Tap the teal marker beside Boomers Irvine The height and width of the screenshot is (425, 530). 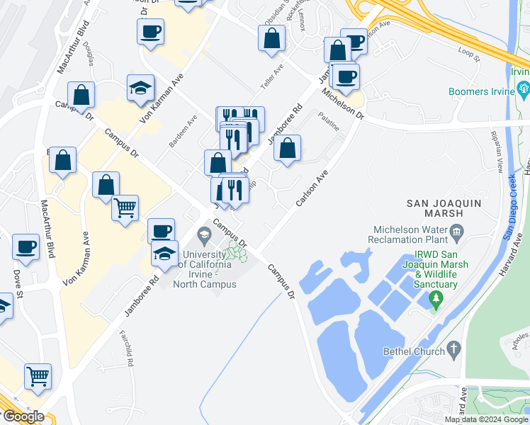click(524, 89)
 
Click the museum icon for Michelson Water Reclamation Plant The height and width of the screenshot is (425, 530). click(456, 230)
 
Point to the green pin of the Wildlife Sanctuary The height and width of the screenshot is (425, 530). click(436, 302)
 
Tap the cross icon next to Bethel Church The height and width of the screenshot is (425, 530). click(453, 349)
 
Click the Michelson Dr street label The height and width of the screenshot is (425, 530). click(342, 105)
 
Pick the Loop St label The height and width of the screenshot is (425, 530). click(469, 53)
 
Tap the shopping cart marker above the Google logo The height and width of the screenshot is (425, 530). click(38, 377)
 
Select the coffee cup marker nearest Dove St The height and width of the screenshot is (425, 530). click(26, 247)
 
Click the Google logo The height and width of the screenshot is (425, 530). click(23, 416)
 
